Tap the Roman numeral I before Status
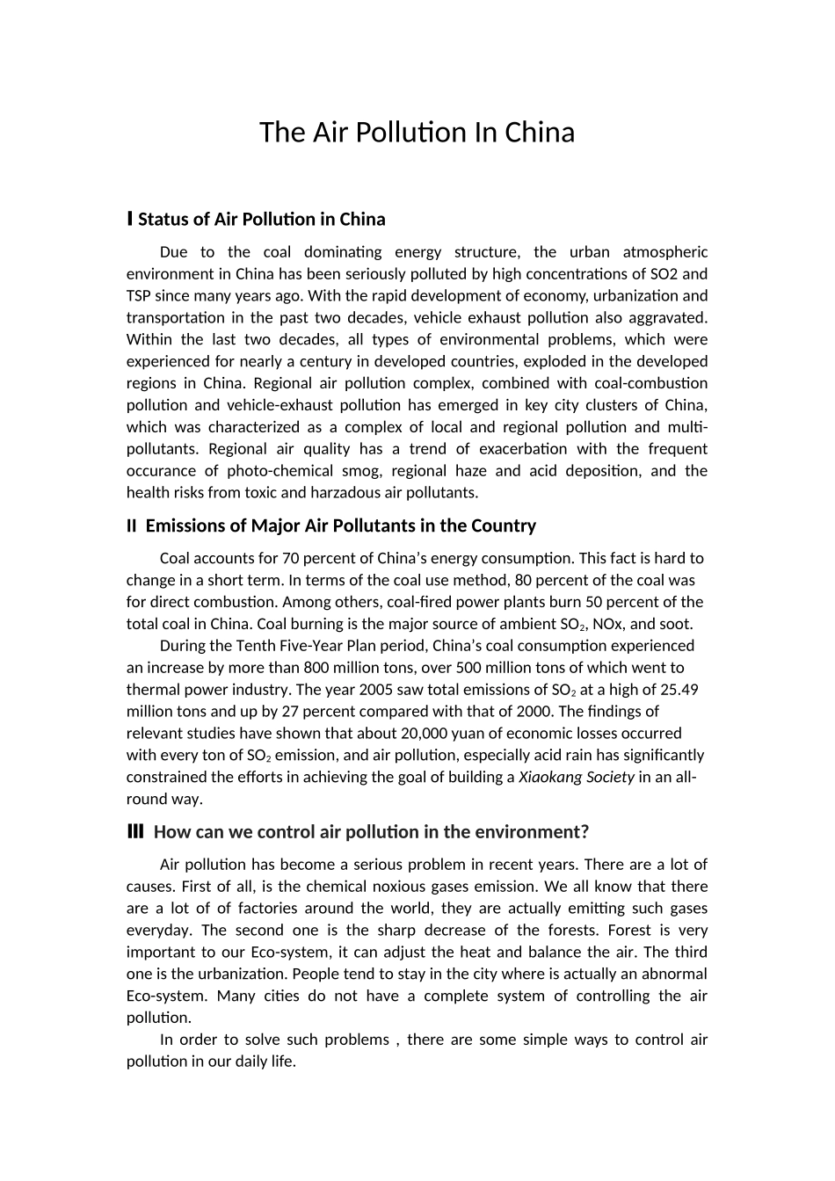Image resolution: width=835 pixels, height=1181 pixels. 130,218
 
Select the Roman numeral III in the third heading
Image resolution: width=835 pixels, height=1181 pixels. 135,831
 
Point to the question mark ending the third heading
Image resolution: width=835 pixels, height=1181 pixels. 584,831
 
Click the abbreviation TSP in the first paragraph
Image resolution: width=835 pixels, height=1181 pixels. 141,296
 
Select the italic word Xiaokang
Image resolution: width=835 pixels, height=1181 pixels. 549,777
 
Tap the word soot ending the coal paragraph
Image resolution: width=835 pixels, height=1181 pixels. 676,624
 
